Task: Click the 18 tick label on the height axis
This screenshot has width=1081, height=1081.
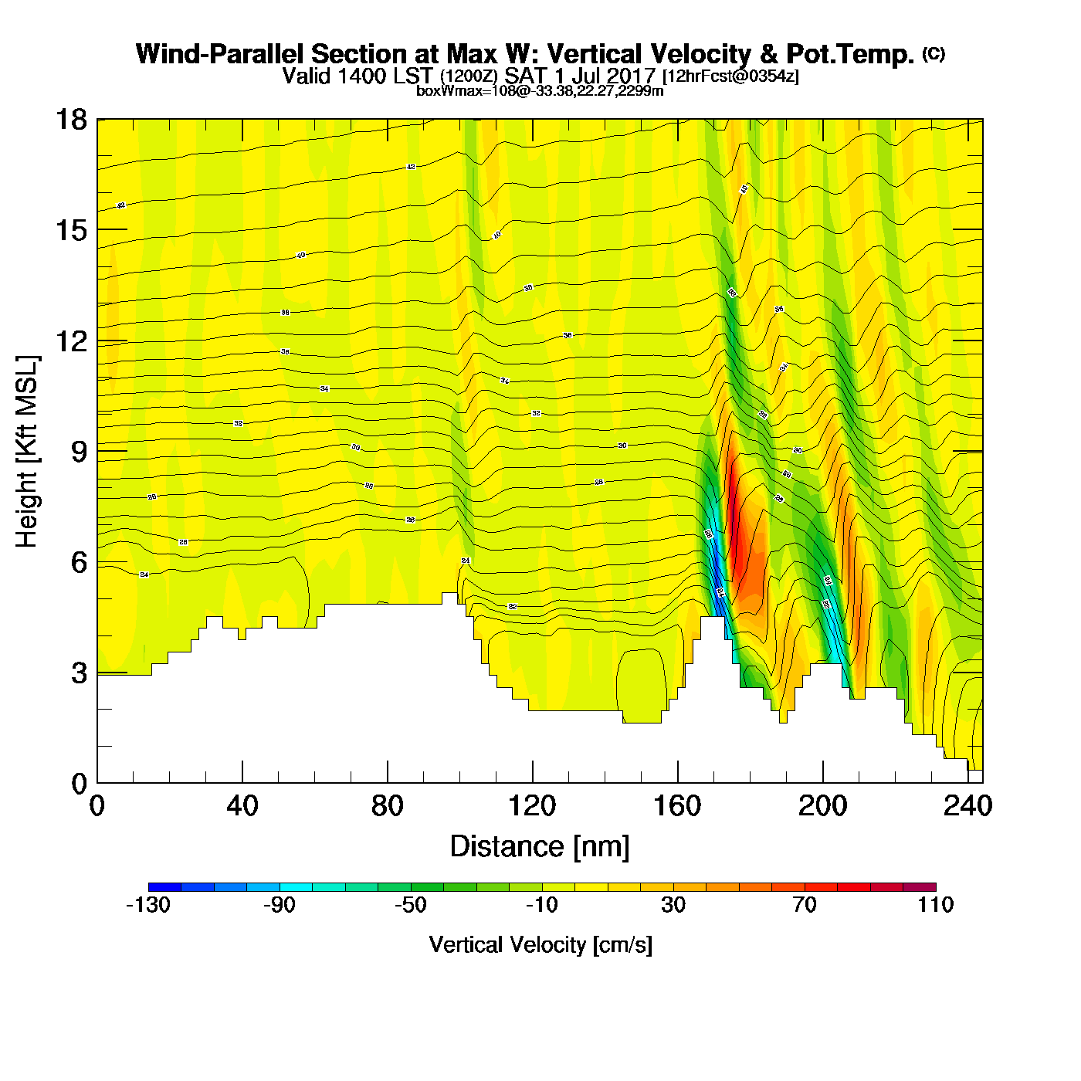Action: click(70, 120)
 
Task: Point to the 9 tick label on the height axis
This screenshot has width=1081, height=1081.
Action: click(79, 452)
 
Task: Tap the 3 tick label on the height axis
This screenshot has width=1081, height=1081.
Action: click(79, 673)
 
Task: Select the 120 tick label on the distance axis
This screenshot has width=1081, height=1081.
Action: click(532, 806)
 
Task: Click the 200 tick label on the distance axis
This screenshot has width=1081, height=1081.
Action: click(822, 806)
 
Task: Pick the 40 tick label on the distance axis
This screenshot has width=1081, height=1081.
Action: click(242, 806)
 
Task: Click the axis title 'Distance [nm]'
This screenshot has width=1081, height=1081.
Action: click(540, 847)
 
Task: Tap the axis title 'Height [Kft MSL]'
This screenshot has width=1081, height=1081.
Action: click(27, 452)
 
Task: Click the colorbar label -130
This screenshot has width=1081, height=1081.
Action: click(148, 905)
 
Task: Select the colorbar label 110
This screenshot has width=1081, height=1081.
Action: click(935, 905)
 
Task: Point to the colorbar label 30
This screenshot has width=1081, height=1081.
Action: click(673, 905)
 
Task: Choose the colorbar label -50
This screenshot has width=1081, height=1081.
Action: click(410, 905)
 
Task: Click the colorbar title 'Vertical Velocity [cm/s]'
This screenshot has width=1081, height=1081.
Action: click(540, 944)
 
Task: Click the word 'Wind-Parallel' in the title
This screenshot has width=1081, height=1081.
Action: click(219, 54)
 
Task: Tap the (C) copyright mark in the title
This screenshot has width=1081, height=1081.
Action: click(934, 53)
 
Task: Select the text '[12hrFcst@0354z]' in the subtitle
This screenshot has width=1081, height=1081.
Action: click(730, 76)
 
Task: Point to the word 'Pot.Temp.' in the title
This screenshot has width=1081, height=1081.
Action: click(849, 54)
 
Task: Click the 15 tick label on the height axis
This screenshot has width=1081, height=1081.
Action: click(70, 230)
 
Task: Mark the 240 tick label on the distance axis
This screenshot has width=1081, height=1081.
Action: click(967, 806)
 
